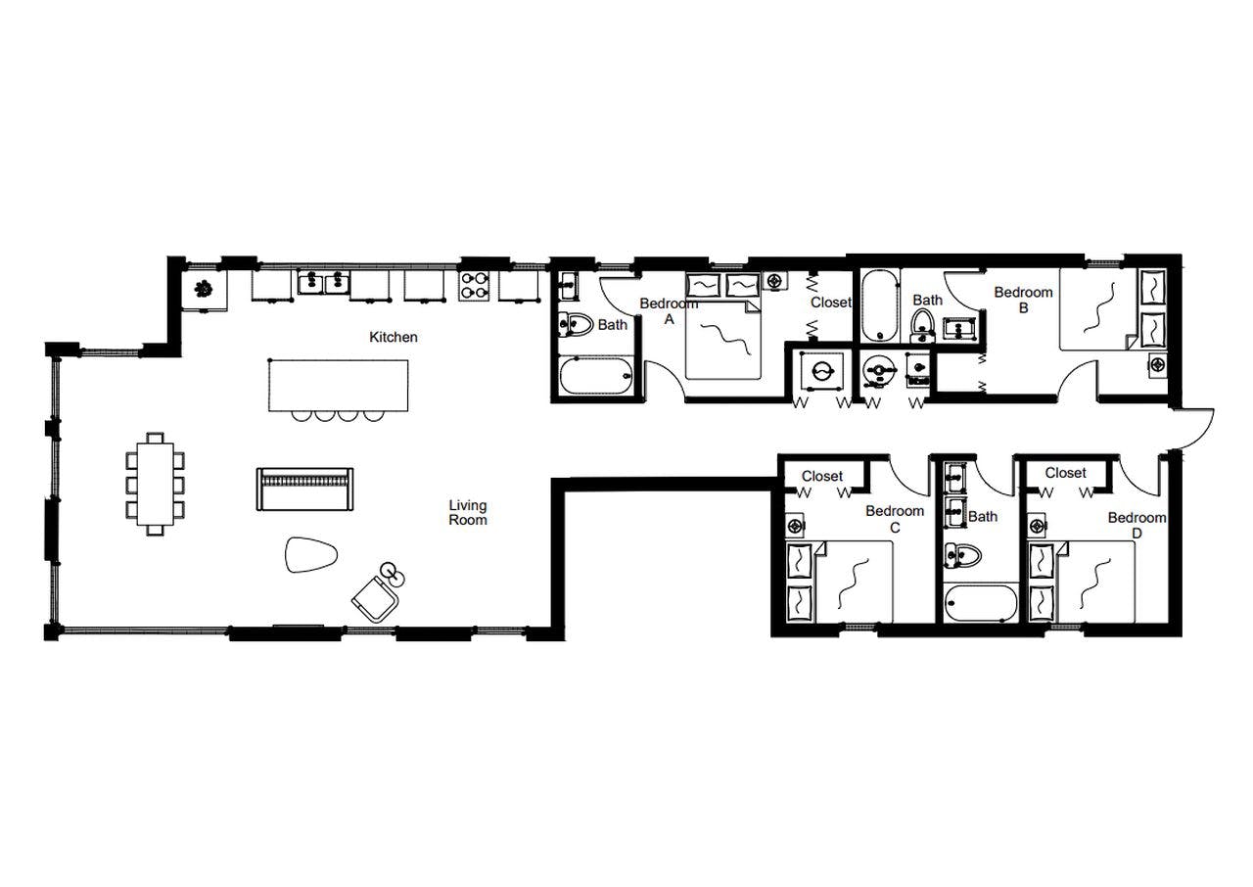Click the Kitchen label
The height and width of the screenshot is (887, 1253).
[x=393, y=337]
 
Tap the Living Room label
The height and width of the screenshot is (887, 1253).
[x=468, y=513]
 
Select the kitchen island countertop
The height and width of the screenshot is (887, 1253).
[x=338, y=385]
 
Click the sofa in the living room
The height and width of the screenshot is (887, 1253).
[x=303, y=489]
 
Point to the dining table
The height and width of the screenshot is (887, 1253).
[x=156, y=484]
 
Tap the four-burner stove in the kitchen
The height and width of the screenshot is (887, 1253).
[x=475, y=285]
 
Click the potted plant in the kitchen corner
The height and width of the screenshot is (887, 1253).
[x=205, y=288]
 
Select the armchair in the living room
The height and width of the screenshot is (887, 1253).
[x=374, y=596]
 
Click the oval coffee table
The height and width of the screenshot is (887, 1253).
[x=311, y=555]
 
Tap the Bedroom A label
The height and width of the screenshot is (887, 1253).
[x=670, y=310]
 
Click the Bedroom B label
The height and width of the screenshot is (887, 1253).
[x=1023, y=299]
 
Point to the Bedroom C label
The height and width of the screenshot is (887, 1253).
[x=895, y=519]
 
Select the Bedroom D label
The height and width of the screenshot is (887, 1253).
[x=1137, y=525]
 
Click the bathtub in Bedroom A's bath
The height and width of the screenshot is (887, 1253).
[x=596, y=375]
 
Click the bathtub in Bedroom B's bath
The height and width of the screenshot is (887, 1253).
[x=879, y=303]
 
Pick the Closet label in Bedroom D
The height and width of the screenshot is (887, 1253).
[x=1065, y=473]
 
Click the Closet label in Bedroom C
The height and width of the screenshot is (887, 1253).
[x=821, y=476]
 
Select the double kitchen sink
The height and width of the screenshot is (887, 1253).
[x=324, y=284]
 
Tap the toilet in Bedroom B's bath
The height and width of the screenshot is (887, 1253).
[x=921, y=322]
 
